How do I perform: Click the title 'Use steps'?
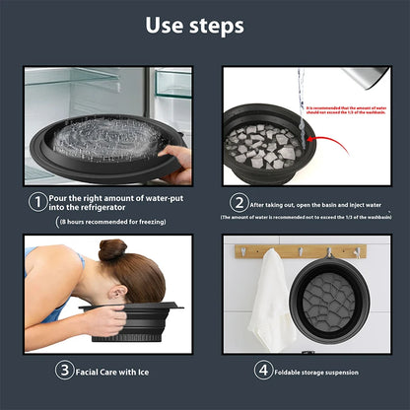205,25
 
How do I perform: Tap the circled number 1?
35,201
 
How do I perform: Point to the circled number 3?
63,371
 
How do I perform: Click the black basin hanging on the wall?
339,301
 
